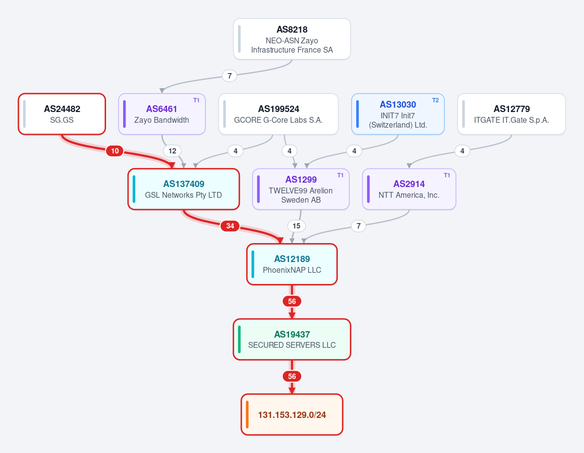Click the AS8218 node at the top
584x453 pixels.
click(x=292, y=39)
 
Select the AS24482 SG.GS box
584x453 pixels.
click(x=62, y=114)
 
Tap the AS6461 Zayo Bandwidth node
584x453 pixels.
click(x=162, y=114)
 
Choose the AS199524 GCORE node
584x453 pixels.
click(x=278, y=114)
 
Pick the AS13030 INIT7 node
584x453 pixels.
click(x=398, y=114)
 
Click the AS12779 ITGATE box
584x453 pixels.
click(x=511, y=114)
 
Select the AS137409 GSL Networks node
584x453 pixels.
click(x=183, y=189)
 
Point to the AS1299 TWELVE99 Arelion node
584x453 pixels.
click(x=301, y=189)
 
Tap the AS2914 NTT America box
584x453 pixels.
click(x=409, y=189)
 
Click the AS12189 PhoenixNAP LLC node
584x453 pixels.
click(x=292, y=264)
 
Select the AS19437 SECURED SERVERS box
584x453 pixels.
click(x=292, y=340)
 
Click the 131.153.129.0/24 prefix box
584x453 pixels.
click(x=292, y=415)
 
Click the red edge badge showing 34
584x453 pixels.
click(x=230, y=226)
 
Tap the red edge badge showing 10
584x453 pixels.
click(x=115, y=151)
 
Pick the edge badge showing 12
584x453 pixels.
click(x=172, y=151)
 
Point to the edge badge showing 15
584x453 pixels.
click(x=296, y=226)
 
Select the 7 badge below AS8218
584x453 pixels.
click(x=230, y=76)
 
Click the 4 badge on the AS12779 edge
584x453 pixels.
click(x=462, y=151)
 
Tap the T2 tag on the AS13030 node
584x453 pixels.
click(x=436, y=100)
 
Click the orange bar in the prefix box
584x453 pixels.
click(x=247, y=415)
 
